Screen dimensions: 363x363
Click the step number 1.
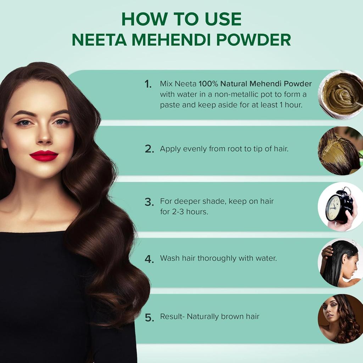pyautogui.click(x=148, y=84)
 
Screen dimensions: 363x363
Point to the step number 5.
pyautogui.click(x=149, y=318)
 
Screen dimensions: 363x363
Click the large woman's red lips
pyautogui.click(x=44, y=156)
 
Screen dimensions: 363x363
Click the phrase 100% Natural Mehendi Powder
pyautogui.click(x=255, y=84)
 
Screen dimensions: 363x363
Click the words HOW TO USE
pyautogui.click(x=181, y=19)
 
